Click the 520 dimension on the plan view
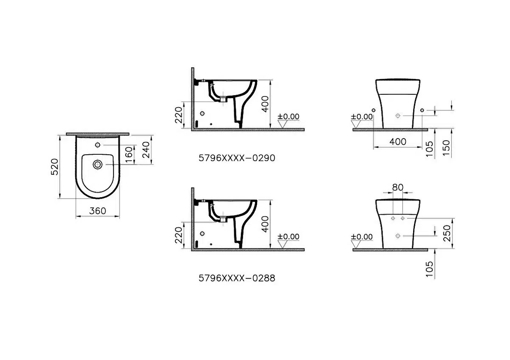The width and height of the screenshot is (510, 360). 55,167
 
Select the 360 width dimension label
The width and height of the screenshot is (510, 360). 97,211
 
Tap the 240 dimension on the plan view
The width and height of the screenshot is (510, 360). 146,150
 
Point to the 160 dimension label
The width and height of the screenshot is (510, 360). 129,155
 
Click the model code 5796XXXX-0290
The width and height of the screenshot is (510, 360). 237,158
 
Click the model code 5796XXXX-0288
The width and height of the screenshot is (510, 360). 237,278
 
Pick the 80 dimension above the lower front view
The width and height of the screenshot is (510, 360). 398,187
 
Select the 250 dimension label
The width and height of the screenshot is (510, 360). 447,233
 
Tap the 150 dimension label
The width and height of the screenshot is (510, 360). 446,148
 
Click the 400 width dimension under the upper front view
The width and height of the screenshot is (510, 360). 398,142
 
